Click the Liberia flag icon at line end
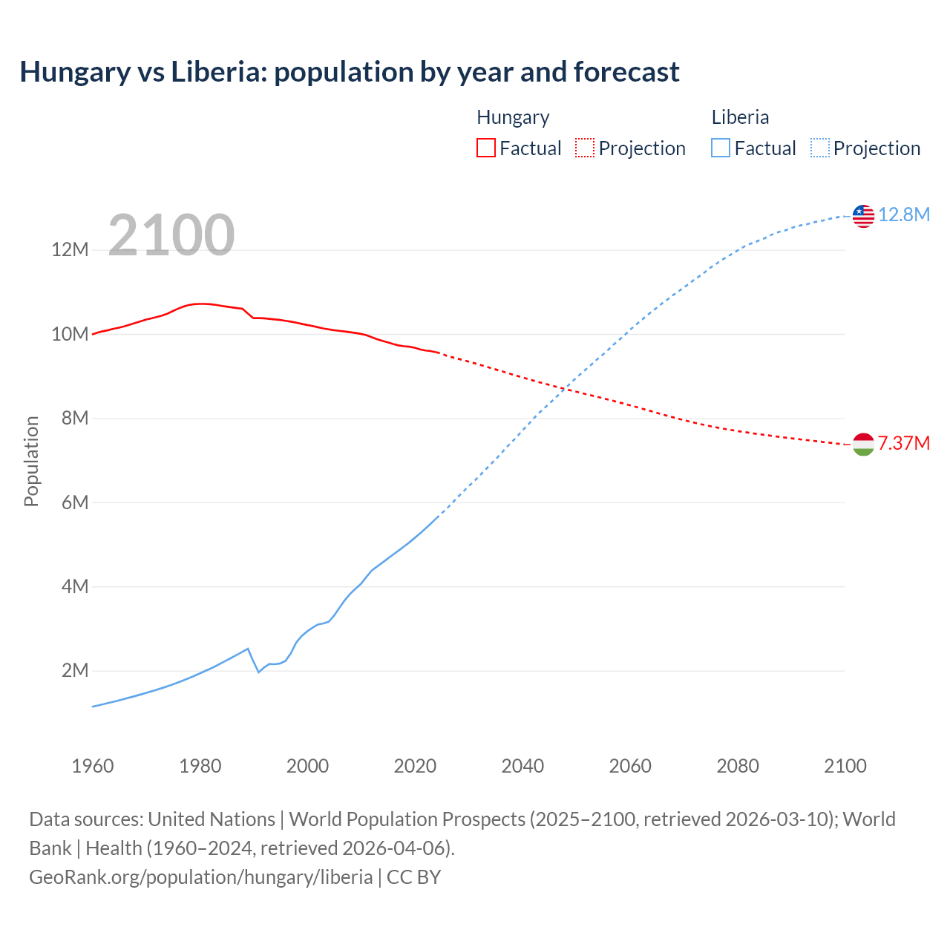tap(863, 216)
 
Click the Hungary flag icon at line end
tap(863, 445)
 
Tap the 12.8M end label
tap(903, 214)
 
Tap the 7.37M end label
tap(903, 443)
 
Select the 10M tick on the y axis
tap(70, 334)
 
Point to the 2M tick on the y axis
tap(74, 671)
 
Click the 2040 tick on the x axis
tap(522, 766)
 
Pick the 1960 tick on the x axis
tap(93, 766)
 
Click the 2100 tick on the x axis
tap(845, 766)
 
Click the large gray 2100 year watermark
tap(171, 235)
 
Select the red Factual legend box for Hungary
tap(485, 148)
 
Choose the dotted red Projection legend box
tap(585, 148)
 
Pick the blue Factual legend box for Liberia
tap(720, 148)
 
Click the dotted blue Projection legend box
tap(819, 148)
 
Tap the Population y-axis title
tap(31, 461)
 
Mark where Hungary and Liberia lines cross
tap(566, 388)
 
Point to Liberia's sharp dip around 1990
tap(258, 672)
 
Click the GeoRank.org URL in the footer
tap(200, 877)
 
